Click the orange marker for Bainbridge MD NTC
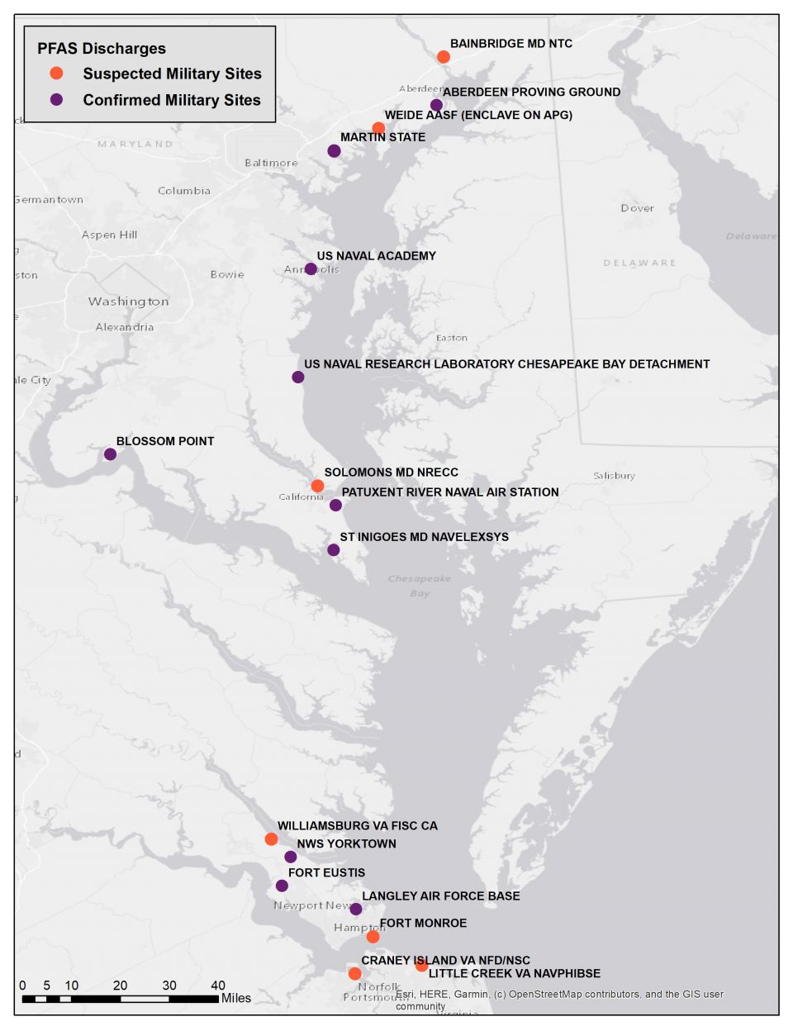pyautogui.click(x=444, y=57)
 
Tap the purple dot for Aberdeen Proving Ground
pyautogui.click(x=436, y=105)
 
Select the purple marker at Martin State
pyautogui.click(x=334, y=151)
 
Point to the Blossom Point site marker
pyautogui.click(x=110, y=454)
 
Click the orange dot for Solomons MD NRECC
pyautogui.click(x=317, y=486)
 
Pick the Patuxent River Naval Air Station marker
pyautogui.click(x=335, y=506)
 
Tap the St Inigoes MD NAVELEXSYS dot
pyautogui.click(x=334, y=550)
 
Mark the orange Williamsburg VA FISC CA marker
pyautogui.click(x=271, y=839)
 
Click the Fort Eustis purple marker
pyautogui.click(x=282, y=886)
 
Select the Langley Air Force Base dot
pyautogui.click(x=356, y=910)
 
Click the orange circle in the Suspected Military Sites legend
pyautogui.click(x=56, y=74)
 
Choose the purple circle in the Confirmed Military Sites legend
pyautogui.click(x=56, y=100)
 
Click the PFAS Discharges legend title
pyautogui.click(x=101, y=49)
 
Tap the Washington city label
pyautogui.click(x=129, y=302)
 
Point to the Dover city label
pyautogui.click(x=637, y=208)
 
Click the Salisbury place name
pyautogui.click(x=614, y=476)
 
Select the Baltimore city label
pyautogui.click(x=271, y=163)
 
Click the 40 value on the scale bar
pyautogui.click(x=218, y=986)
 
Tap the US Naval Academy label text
pyautogui.click(x=376, y=256)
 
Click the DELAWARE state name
pyautogui.click(x=639, y=263)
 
